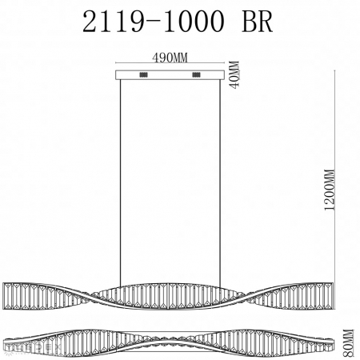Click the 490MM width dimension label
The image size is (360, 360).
pyautogui.click(x=170, y=57)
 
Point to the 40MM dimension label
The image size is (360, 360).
pyautogui.click(x=234, y=75)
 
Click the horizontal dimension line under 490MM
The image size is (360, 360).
pyautogui.click(x=170, y=64)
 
